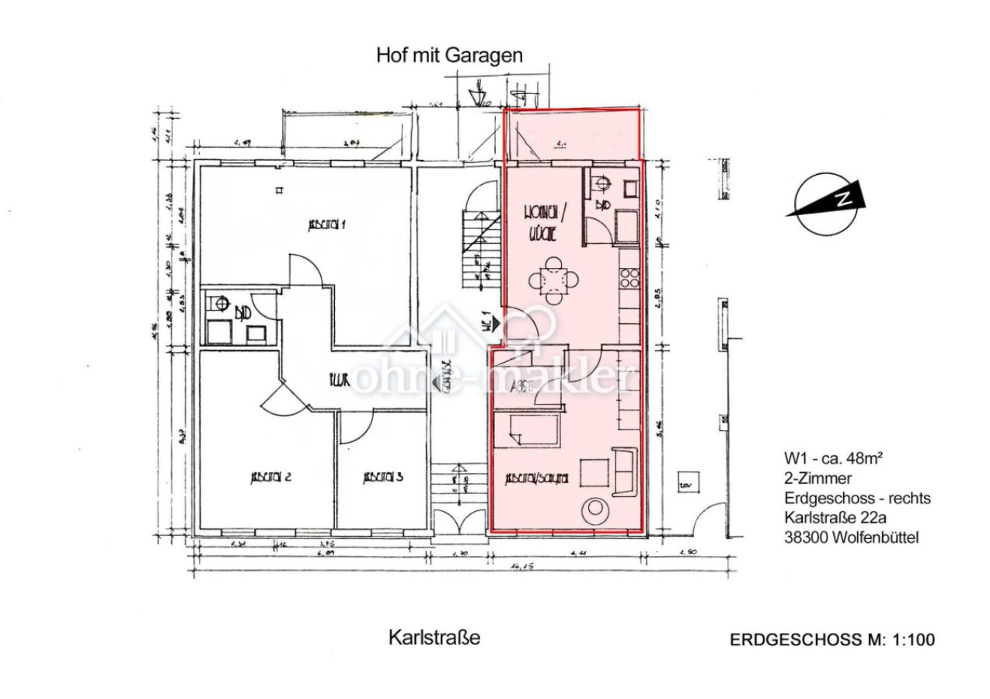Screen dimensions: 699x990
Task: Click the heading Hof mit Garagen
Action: [x=449, y=56]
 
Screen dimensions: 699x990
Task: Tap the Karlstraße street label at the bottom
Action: [x=434, y=638]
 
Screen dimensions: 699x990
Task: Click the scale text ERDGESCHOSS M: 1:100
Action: [x=832, y=640]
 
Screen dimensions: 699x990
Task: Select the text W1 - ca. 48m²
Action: [x=832, y=458]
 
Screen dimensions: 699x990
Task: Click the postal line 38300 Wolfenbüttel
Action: [x=852, y=536]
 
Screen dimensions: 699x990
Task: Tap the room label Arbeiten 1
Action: [x=327, y=225]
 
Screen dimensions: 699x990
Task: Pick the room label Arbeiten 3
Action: [x=382, y=478]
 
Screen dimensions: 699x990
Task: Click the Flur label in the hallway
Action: [x=337, y=380]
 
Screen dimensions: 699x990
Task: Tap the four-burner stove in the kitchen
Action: [x=629, y=278]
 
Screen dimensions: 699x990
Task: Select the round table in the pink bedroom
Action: [x=597, y=509]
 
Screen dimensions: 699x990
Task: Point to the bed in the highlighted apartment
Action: [x=528, y=430]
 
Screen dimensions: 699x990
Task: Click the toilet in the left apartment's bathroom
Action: [x=219, y=305]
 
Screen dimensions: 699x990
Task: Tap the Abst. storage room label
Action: [x=521, y=388]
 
